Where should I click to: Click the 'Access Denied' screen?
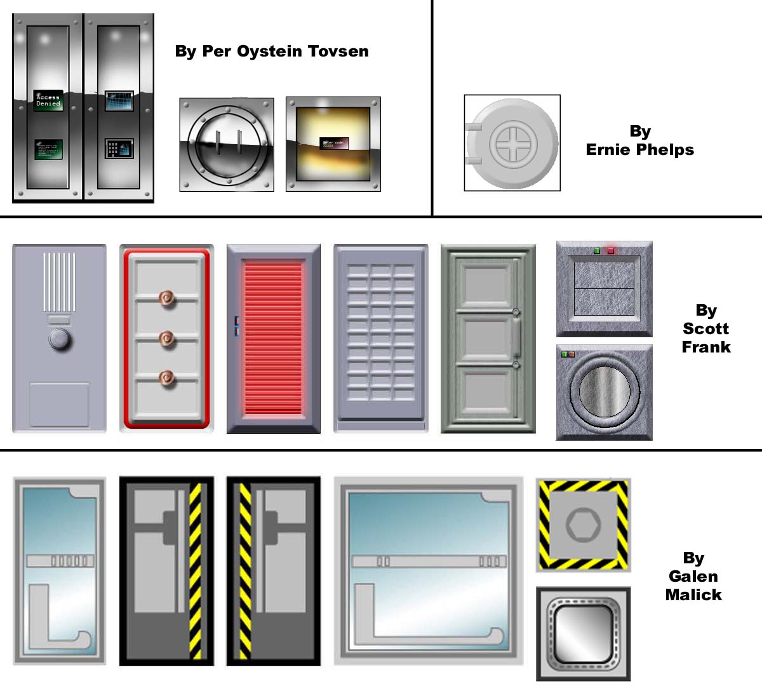(48, 100)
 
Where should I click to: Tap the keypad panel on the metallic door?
(119, 149)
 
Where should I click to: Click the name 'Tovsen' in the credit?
(338, 51)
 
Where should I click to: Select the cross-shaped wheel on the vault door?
(513, 143)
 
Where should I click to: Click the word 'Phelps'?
(666, 150)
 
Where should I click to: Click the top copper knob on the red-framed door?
(167, 297)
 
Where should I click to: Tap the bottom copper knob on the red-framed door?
(167, 379)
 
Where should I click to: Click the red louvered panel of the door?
(273, 338)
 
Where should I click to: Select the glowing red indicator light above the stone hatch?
(611, 251)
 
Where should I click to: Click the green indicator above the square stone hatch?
(597, 251)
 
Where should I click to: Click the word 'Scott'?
(705, 329)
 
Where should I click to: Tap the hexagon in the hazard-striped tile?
(584, 525)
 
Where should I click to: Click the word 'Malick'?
(693, 595)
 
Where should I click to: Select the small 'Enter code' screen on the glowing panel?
(333, 144)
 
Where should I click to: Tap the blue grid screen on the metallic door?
(119, 101)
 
